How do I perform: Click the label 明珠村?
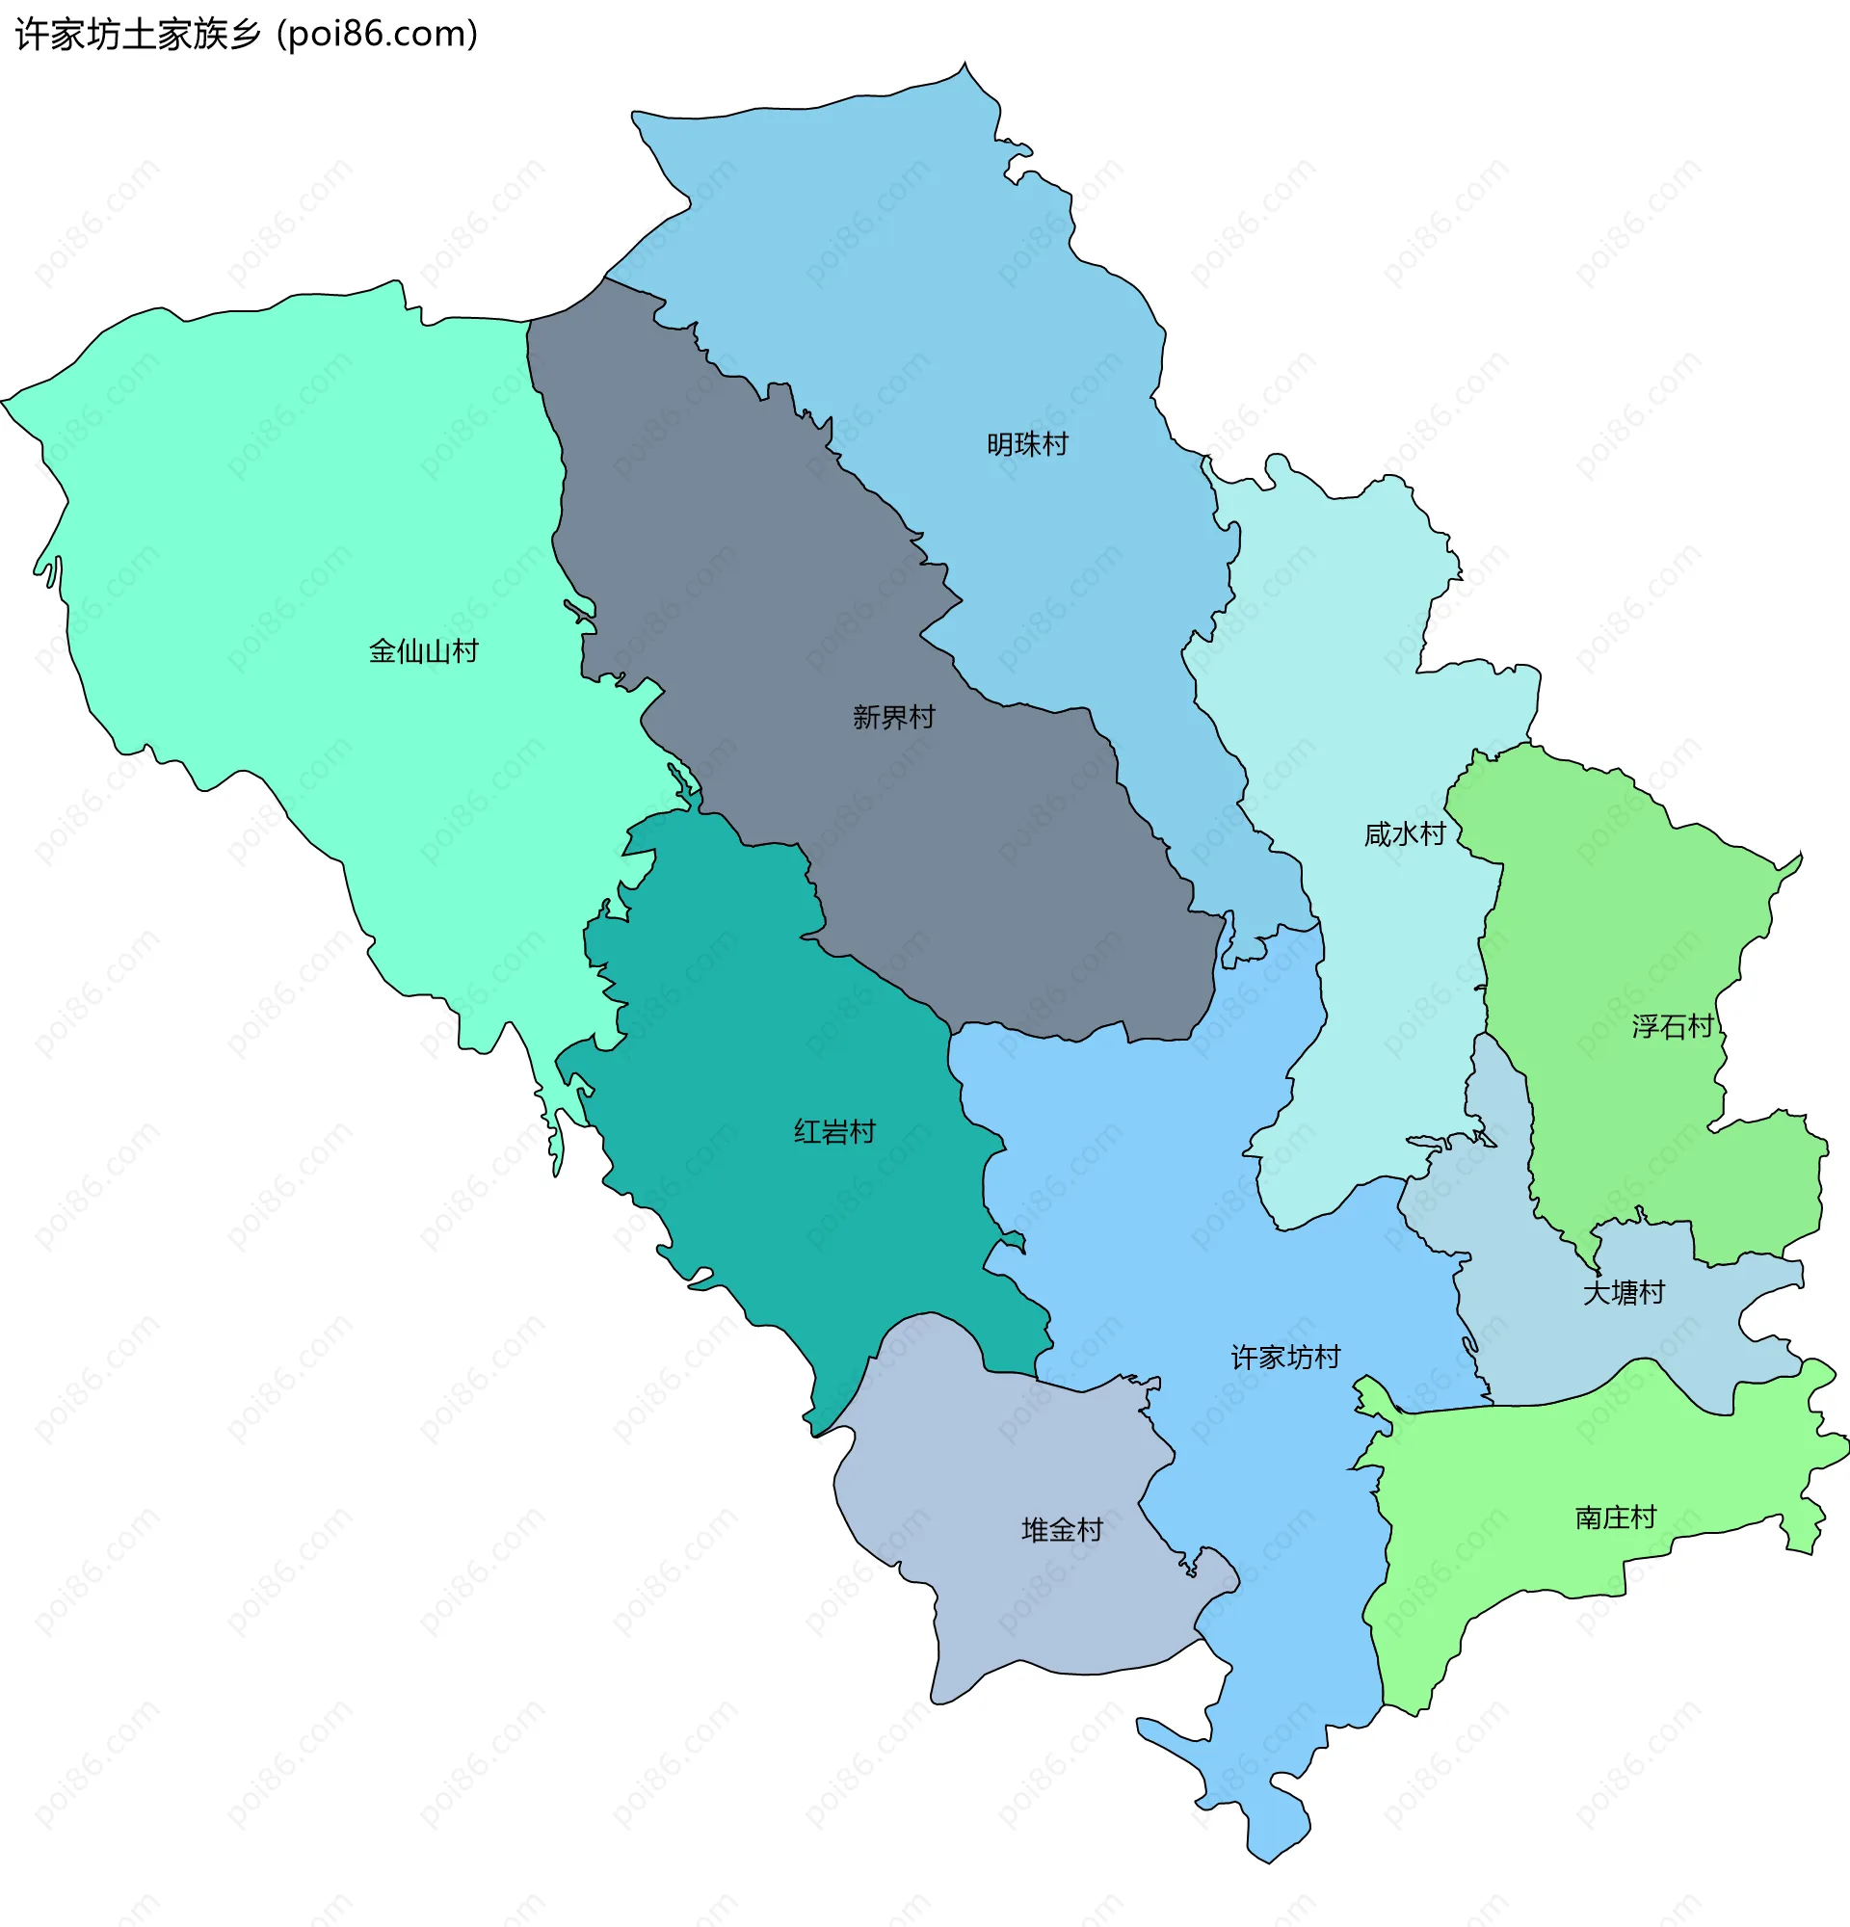1027,444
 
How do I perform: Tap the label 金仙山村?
423,651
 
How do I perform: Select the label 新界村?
892,717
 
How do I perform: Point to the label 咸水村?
1404,833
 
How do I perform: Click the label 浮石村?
1672,1026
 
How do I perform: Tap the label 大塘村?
1623,1292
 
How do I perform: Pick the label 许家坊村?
1284,1358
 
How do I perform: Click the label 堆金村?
1062,1530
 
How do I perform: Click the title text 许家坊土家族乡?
139,35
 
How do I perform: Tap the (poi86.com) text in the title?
378,35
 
